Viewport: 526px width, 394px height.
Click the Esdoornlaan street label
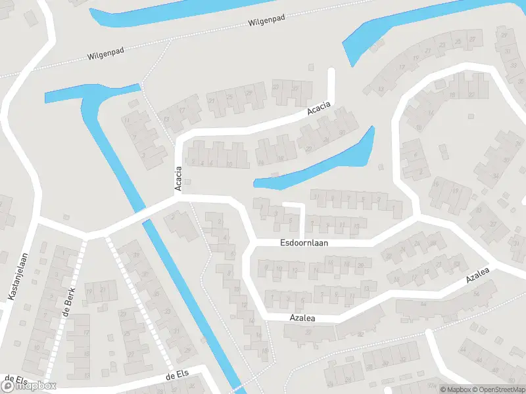point(304,242)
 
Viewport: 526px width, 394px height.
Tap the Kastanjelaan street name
point(18,278)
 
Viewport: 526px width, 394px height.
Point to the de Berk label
point(68,302)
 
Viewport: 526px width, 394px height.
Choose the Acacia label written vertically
point(178,179)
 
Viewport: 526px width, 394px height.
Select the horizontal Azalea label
point(303,318)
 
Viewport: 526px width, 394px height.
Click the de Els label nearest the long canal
point(178,376)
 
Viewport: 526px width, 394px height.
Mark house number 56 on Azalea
point(477,294)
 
